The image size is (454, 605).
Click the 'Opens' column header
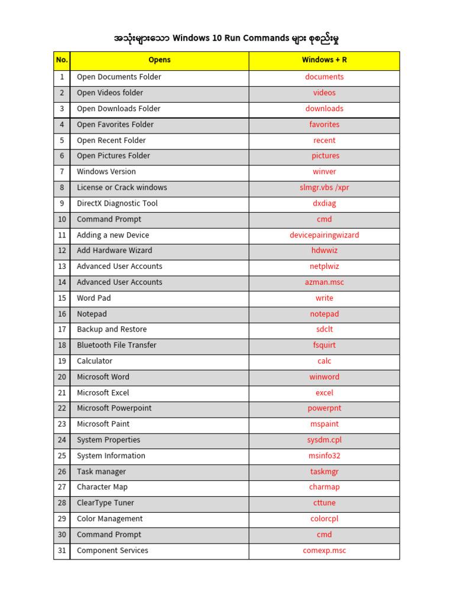[160, 60]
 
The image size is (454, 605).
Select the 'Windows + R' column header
[324, 60]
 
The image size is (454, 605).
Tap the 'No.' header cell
[61, 60]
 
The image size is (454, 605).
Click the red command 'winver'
[324, 172]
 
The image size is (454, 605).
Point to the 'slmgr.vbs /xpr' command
[324, 188]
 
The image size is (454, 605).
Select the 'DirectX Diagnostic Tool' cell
[117, 204]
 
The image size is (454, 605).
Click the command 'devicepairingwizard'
[324, 235]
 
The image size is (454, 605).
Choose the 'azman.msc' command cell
[324, 282]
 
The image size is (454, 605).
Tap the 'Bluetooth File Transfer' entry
[116, 346]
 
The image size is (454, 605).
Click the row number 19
[61, 362]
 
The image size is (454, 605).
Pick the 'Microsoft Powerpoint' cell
[114, 409]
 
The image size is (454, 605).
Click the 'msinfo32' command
[324, 456]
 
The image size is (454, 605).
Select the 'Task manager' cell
[101, 472]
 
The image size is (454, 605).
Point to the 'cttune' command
[324, 503]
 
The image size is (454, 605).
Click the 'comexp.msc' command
[324, 551]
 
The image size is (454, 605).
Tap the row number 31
[61, 551]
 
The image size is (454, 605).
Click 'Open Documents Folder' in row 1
[119, 77]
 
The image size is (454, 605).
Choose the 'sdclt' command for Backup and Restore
[324, 330]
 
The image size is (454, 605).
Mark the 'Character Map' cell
[102, 487]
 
